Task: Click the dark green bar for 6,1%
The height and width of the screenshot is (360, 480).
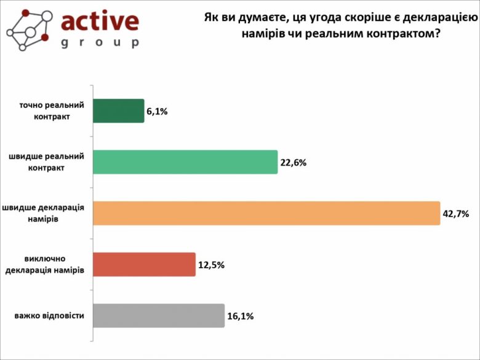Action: click(x=119, y=111)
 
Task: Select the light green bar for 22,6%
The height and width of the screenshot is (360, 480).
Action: click(x=185, y=162)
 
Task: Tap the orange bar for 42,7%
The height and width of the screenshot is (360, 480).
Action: click(x=266, y=213)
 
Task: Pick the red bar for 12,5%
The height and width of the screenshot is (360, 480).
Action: click(x=144, y=264)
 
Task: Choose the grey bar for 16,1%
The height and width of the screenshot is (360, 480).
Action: click(x=159, y=315)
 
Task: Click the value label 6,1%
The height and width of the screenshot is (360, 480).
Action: click(x=157, y=112)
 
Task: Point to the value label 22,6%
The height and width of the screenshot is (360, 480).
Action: click(x=293, y=163)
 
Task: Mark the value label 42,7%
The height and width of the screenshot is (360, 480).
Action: click(x=455, y=214)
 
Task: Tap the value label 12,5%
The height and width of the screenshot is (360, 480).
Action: click(x=211, y=265)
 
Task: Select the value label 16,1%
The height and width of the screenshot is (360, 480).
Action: click(x=240, y=316)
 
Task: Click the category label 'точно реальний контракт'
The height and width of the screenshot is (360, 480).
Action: click(x=52, y=111)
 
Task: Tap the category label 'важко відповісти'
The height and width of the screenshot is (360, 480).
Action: click(x=49, y=316)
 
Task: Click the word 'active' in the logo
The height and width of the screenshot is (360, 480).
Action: click(x=100, y=22)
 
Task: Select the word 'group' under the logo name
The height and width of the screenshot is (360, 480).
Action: click(x=100, y=43)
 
